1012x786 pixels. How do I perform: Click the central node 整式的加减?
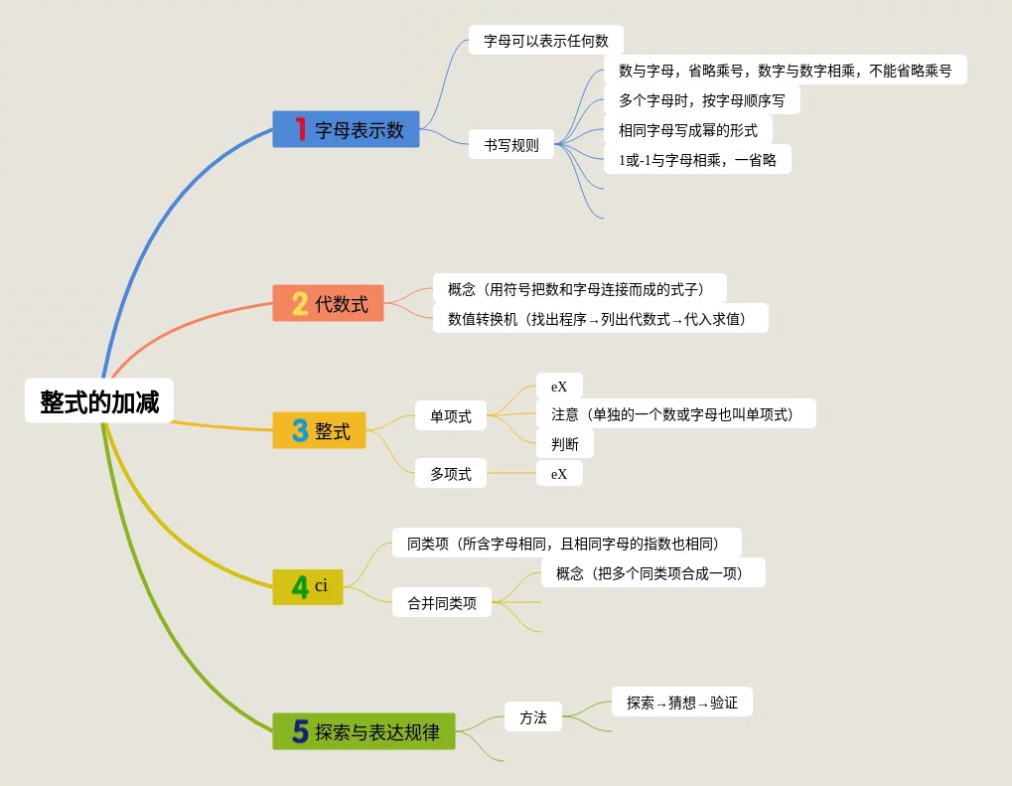tap(99, 401)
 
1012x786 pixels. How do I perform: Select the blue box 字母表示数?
tap(346, 129)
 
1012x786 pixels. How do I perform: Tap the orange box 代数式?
tap(328, 303)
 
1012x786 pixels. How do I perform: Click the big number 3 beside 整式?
tap(300, 430)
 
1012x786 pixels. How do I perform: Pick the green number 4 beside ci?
tap(300, 587)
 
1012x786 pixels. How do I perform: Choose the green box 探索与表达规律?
tap(363, 731)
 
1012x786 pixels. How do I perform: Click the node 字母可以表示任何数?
tap(545, 41)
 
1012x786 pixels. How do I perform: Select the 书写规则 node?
tap(511, 144)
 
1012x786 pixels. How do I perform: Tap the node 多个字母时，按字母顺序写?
tap(701, 100)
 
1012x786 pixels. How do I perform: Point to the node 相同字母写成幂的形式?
tap(687, 129)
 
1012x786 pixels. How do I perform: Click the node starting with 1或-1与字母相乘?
tap(696, 159)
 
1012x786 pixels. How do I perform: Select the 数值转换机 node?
tap(601, 318)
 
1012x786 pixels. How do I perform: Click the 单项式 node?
tap(451, 415)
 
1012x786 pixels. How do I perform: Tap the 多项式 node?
tap(451, 474)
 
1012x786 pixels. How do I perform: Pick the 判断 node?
tap(565, 443)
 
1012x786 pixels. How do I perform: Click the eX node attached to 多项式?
tap(559, 473)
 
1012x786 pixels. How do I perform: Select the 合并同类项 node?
tap(442, 602)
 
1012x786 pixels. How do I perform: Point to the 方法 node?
tap(533, 716)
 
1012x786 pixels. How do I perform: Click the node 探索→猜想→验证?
tap(681, 703)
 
